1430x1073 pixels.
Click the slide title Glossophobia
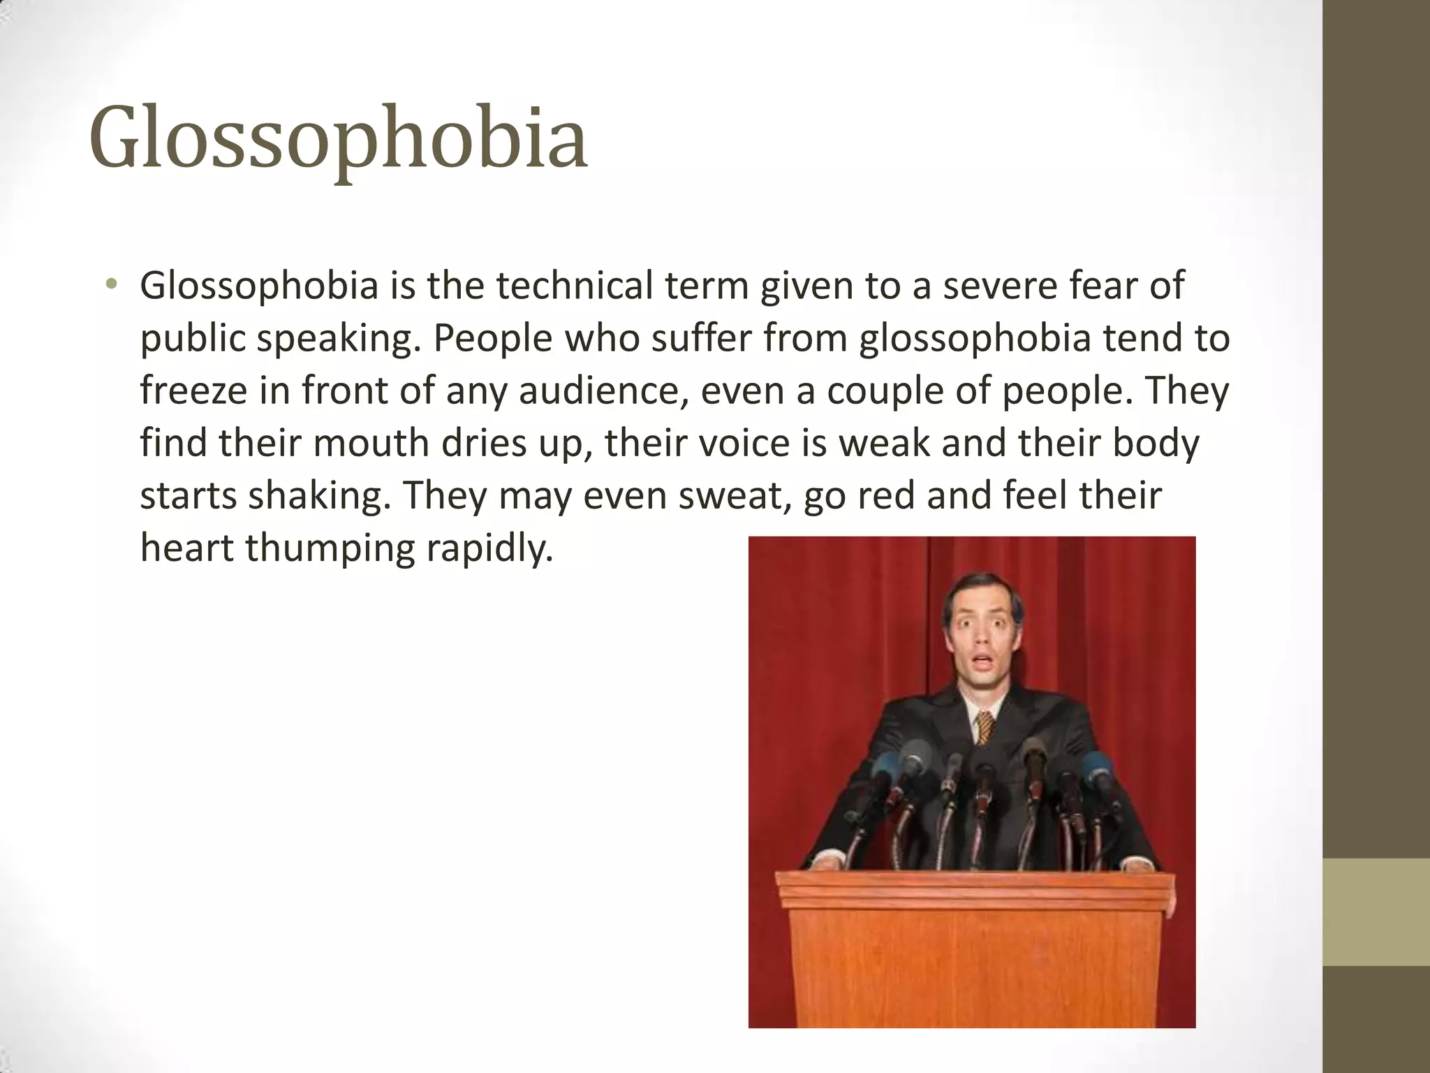coord(338,138)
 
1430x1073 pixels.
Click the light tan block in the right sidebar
coord(1376,912)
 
